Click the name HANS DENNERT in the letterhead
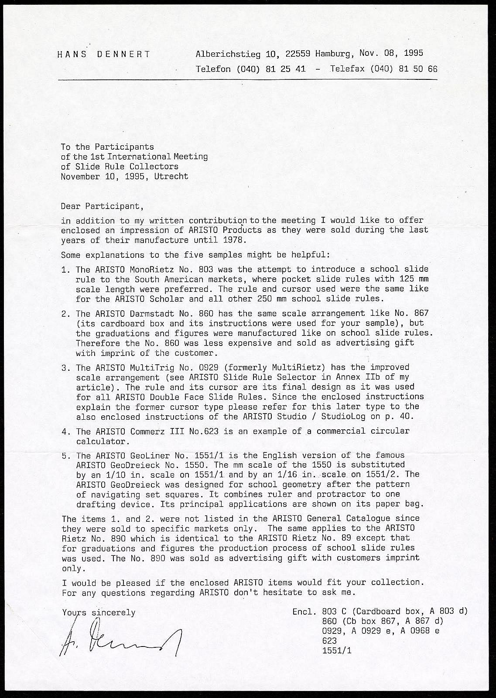click(x=104, y=55)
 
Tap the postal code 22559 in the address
click(x=298, y=54)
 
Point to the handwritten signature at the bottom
click(x=120, y=639)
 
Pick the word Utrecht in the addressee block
click(x=171, y=177)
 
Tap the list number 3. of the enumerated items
click(x=66, y=368)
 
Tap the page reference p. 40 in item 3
click(x=400, y=417)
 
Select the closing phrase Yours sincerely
click(x=99, y=613)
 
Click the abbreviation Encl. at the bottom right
click(x=304, y=612)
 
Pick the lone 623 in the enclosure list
click(x=329, y=641)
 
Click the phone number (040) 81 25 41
click(x=271, y=69)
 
